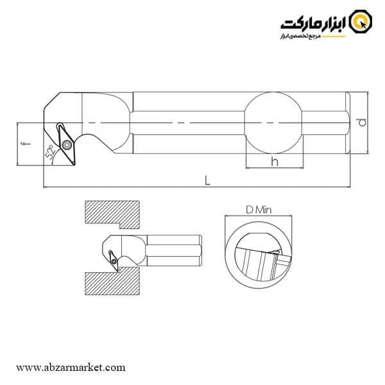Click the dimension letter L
pos(207,180)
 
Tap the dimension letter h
pos(275,162)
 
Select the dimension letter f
pos(26,143)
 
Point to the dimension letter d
pos(362,123)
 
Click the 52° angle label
pos(50,152)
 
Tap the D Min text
pos(259,210)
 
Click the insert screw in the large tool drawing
pos(67,145)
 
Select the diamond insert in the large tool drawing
pos(66,144)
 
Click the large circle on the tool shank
pos(273,123)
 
